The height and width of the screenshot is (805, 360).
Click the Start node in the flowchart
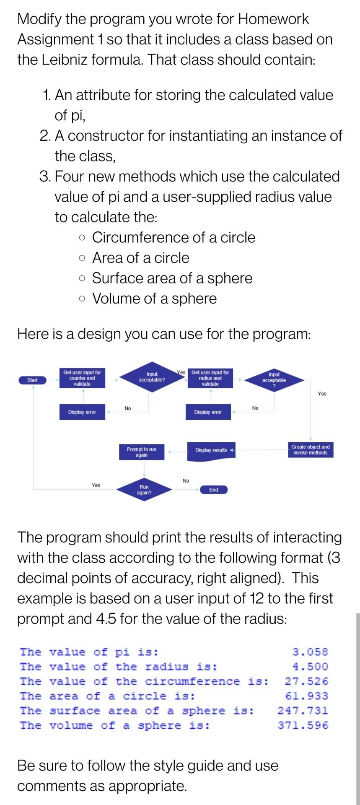tap(32, 380)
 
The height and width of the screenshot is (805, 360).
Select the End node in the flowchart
tap(213, 490)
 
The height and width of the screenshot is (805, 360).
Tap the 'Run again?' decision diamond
tap(144, 490)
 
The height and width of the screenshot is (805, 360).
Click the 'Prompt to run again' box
tap(141, 452)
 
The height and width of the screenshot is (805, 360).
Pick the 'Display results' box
tap(211, 450)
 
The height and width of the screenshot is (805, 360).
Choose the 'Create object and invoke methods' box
tap(310, 449)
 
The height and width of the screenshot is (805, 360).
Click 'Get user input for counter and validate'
tap(82, 378)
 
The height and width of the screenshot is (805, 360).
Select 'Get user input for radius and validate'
tap(210, 378)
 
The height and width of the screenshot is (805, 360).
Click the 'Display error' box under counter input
tap(82, 412)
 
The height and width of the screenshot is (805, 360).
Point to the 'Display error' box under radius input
tap(208, 412)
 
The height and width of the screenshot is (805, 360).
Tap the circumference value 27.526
tap(306, 681)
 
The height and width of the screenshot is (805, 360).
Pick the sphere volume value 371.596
tap(303, 725)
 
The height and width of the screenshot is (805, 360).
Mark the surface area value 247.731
tap(303, 711)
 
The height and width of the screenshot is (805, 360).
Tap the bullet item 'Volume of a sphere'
tap(154, 299)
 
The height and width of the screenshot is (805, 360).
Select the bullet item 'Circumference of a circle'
tap(174, 237)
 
